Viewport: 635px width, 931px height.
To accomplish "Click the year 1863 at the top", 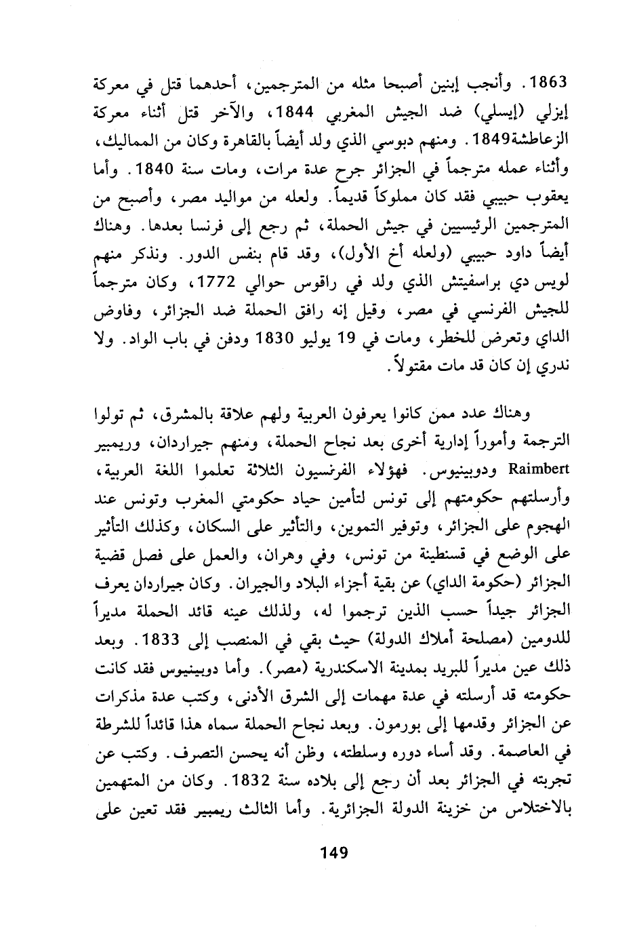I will (x=546, y=85).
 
